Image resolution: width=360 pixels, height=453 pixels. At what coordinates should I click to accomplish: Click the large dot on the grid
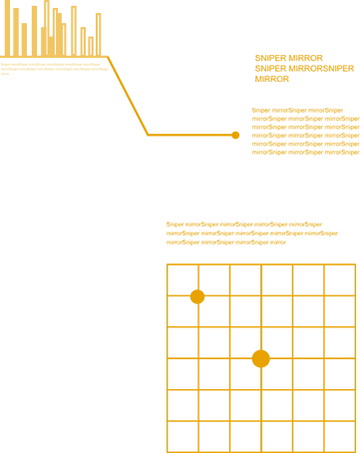pos(260,358)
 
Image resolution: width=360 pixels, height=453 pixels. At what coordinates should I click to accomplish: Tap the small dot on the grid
pos(197,296)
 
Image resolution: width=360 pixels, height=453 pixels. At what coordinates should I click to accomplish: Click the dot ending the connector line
pos(235,135)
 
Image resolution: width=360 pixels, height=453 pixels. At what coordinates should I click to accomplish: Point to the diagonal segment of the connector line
pos(128,96)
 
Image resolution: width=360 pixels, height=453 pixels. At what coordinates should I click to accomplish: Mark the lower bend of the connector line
pos(149,135)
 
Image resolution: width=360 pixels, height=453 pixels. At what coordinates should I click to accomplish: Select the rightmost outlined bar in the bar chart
pos(99,34)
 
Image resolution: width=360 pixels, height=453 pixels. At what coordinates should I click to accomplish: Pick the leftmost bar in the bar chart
pos(5,28)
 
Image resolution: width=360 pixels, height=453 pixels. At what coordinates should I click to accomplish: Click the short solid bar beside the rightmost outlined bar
pos(91,45)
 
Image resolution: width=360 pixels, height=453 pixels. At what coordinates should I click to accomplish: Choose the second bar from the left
pos(15,31)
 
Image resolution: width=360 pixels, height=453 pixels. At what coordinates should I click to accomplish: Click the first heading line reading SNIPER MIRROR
pos(288,59)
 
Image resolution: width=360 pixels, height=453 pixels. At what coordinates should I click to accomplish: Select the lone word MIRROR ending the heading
pos(271,78)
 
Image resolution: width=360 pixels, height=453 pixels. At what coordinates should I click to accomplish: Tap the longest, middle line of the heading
pos(304,68)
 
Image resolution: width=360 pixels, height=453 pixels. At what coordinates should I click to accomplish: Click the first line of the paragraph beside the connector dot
pos(297,111)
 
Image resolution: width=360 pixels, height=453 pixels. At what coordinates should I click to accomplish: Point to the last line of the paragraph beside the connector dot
pos(305,152)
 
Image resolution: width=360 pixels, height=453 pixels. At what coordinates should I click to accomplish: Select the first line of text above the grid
pos(244,225)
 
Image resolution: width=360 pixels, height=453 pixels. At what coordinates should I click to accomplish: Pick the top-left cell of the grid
pos(182,279)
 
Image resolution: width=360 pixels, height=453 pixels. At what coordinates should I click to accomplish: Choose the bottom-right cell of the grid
pos(339,436)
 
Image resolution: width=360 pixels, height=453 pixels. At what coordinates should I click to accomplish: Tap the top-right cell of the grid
pos(339,279)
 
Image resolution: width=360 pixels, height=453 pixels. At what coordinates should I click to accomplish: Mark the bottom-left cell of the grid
pos(182,436)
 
